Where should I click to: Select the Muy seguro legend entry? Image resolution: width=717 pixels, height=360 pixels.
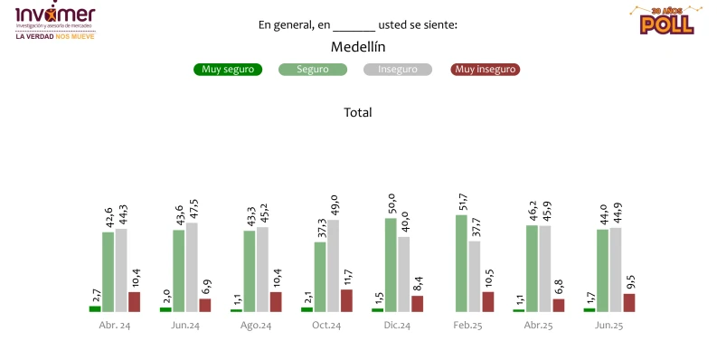pos(228,70)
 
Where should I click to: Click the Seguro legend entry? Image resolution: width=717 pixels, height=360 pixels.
pos(313,70)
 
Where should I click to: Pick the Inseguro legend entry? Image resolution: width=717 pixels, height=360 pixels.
pos(398,70)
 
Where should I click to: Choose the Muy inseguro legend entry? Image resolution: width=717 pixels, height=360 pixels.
pos(486,70)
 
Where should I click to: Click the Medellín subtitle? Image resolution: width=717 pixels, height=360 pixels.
pos(358,46)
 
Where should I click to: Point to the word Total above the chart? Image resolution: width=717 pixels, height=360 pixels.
pos(358,113)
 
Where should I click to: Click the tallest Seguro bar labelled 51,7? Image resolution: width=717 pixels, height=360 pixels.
pos(461,263)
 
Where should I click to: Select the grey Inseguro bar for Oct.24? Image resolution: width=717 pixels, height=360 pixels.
pos(334,266)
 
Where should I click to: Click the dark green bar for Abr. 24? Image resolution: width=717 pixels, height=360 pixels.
pos(95,308)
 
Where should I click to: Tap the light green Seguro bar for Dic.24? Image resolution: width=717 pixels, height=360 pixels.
pos(391,265)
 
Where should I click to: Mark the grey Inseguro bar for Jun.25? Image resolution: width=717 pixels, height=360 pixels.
pos(616,270)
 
